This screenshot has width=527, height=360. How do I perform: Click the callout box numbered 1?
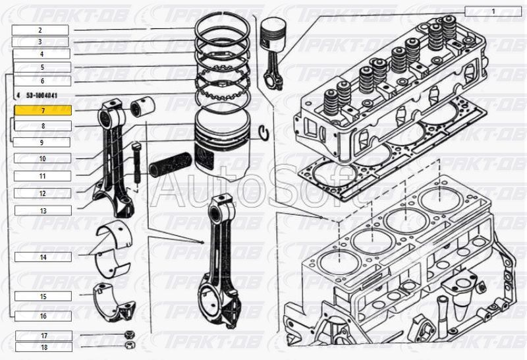click(x=492, y=11)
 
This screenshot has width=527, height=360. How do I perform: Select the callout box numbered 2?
click(x=40, y=30)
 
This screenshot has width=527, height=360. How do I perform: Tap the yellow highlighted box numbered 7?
click(x=42, y=111)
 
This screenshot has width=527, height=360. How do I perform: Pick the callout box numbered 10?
click(x=42, y=159)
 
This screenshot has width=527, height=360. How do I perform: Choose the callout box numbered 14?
click(x=42, y=256)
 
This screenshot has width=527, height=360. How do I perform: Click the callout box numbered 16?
click(x=42, y=316)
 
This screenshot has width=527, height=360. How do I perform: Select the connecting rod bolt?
click(x=136, y=162)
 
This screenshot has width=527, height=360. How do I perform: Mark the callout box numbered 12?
click(x=42, y=193)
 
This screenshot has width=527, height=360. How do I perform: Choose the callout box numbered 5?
click(x=42, y=67)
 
